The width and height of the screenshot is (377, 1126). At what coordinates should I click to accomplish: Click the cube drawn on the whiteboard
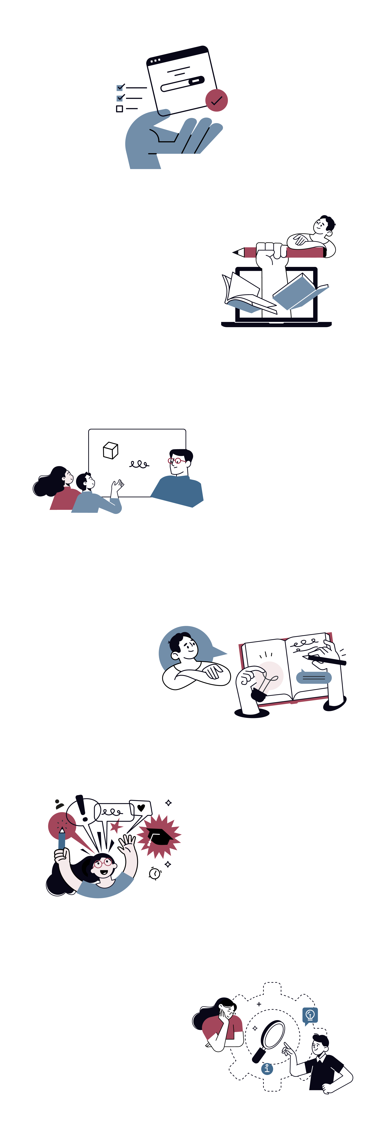[x=111, y=450]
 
